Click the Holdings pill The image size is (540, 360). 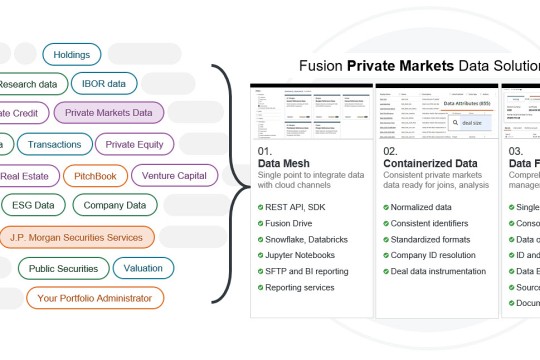point(72,54)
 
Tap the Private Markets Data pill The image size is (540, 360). point(115,113)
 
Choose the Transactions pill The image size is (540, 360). point(55,144)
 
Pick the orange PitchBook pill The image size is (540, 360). point(95,175)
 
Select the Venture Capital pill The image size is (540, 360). point(174,175)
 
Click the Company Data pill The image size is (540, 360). point(115,206)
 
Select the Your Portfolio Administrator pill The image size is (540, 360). point(95,297)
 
